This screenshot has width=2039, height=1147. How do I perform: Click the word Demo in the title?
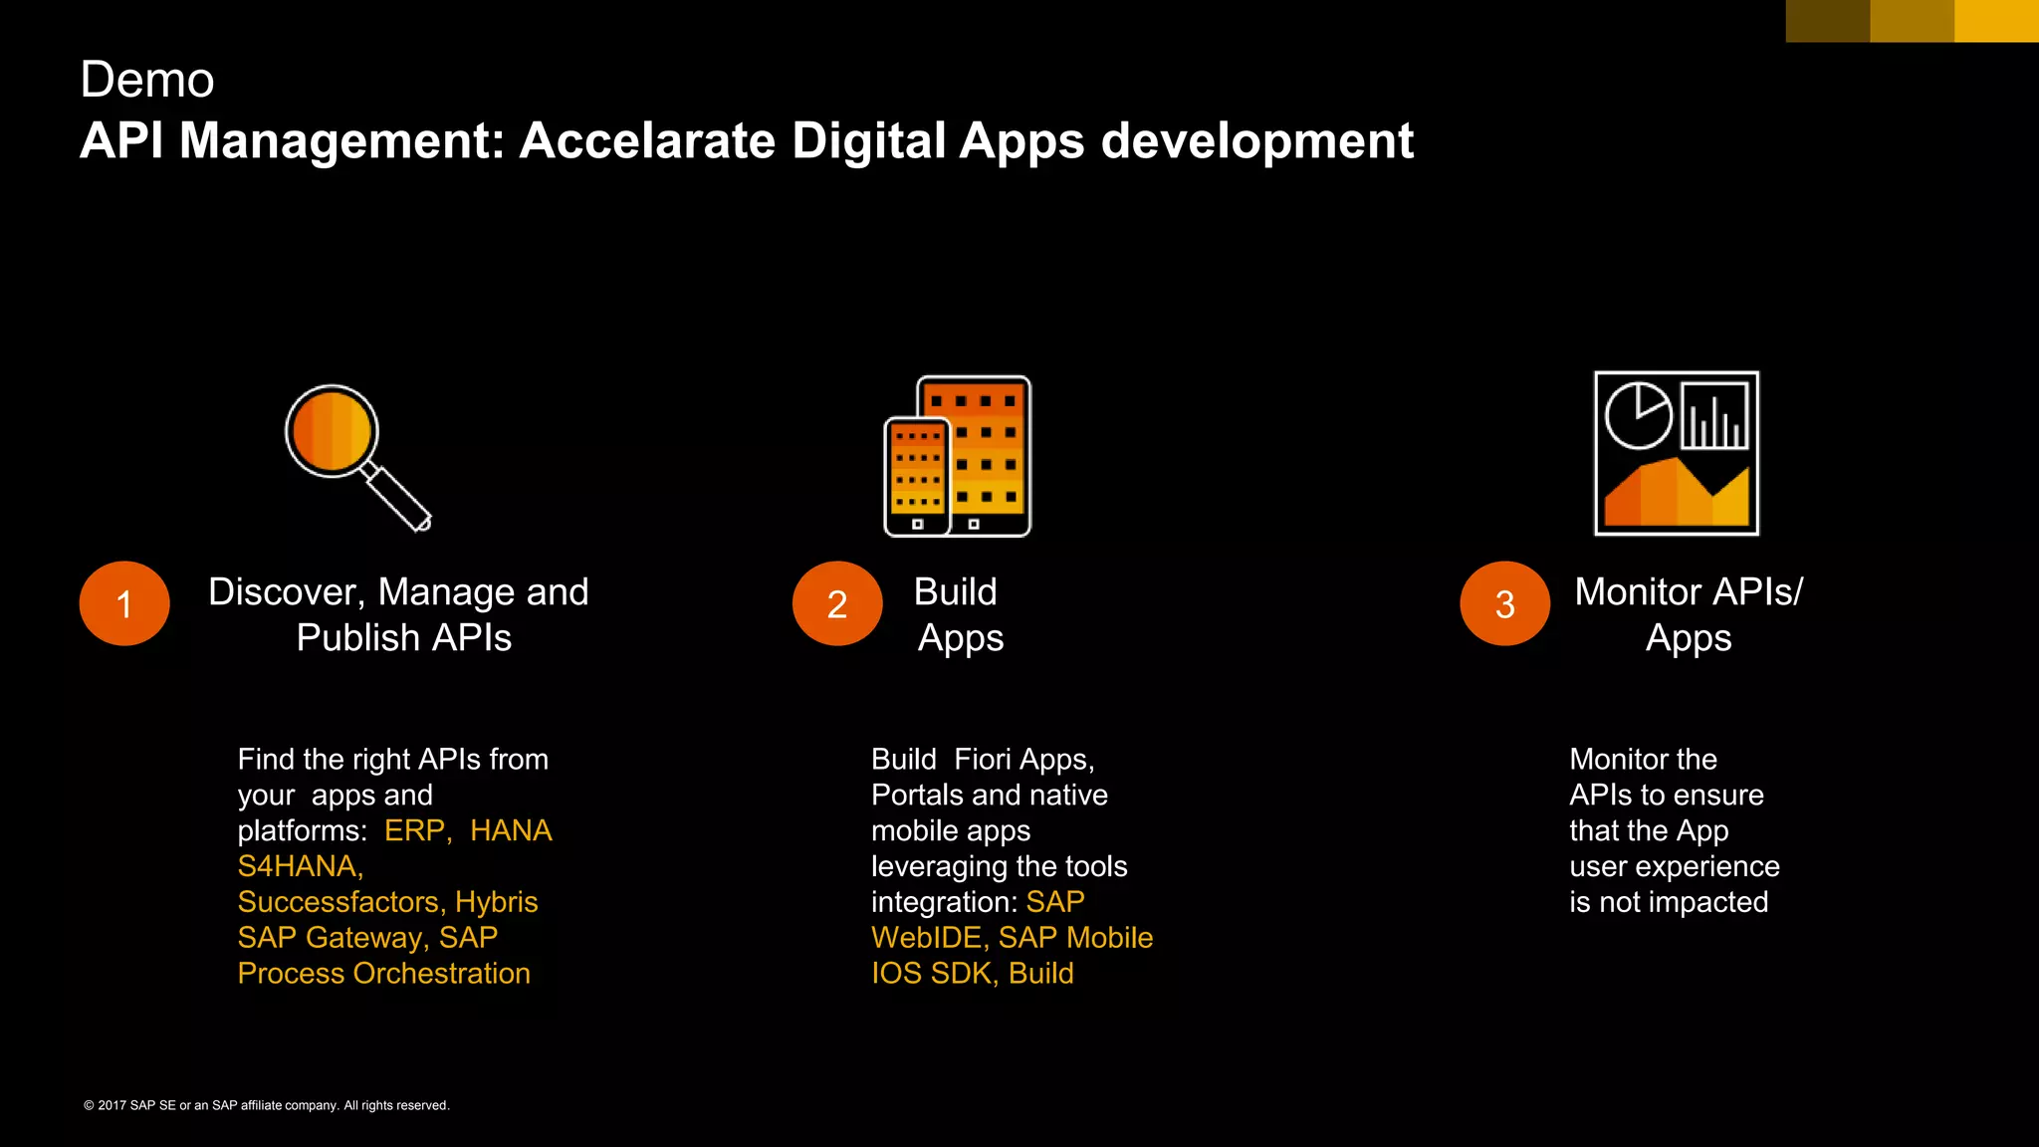point(147,80)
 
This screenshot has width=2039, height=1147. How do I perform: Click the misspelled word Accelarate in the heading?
point(647,140)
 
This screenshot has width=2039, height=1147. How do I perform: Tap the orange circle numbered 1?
point(124,603)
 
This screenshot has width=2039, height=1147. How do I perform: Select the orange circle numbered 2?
point(837,603)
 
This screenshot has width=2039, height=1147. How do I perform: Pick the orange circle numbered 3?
point(1504,603)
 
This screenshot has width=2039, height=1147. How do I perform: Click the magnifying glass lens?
point(332,431)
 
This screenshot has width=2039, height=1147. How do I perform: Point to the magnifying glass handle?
point(398,497)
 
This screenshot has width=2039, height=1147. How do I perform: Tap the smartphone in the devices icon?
point(917,476)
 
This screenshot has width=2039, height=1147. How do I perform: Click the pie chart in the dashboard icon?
point(1638,415)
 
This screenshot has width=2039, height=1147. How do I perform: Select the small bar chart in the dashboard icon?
point(1715,417)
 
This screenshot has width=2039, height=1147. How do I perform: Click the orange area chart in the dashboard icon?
point(1677,494)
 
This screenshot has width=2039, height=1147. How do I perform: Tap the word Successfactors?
point(340,902)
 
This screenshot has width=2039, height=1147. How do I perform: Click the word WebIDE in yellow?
point(929,938)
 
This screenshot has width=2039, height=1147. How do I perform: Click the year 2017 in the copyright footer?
point(112,1105)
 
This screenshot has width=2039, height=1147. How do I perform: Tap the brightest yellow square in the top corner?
point(1996,21)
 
